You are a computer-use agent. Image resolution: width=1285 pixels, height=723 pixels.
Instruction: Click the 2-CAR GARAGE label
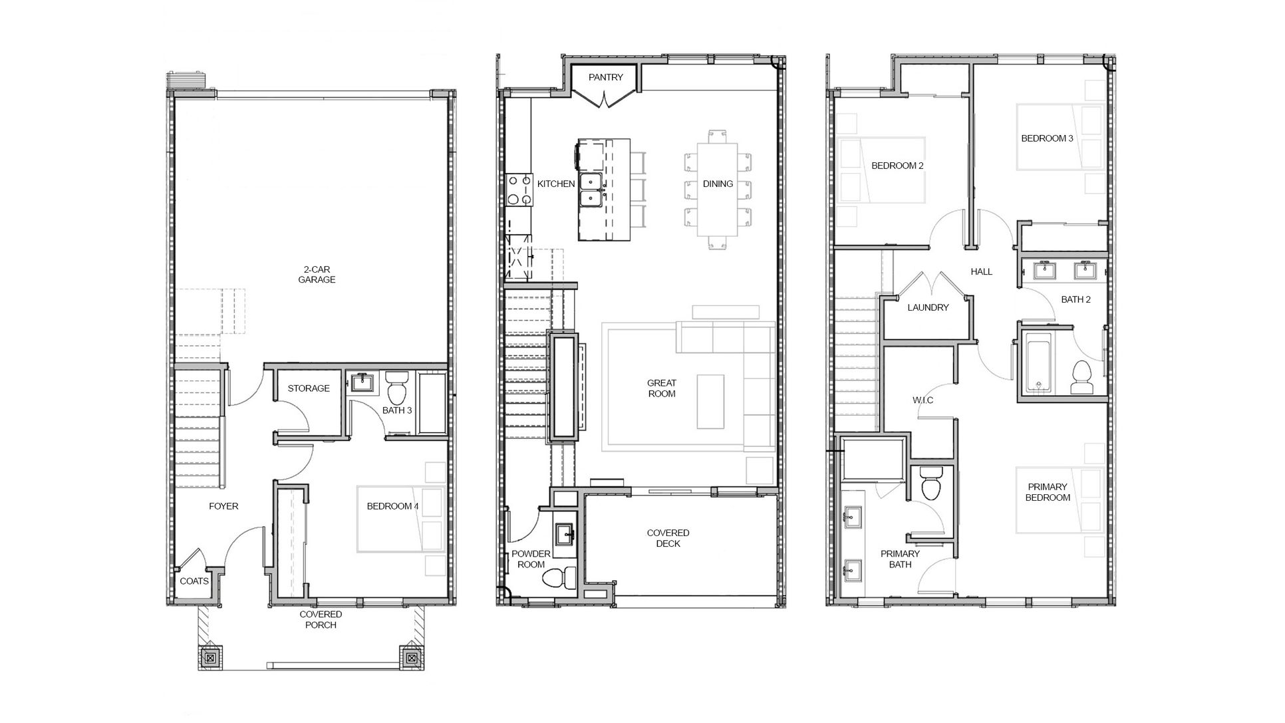click(x=317, y=275)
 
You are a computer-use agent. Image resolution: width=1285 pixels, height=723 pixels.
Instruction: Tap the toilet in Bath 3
click(x=397, y=387)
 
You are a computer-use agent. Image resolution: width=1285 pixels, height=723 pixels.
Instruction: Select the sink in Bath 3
click(x=362, y=383)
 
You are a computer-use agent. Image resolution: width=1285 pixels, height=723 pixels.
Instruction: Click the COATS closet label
click(x=194, y=581)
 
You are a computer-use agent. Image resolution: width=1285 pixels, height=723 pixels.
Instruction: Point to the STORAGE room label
click(x=309, y=388)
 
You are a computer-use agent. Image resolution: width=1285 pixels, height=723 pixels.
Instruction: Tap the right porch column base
click(x=411, y=658)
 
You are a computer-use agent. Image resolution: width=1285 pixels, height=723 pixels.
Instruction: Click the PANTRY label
click(x=606, y=77)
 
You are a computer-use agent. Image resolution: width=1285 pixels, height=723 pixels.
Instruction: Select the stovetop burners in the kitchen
click(x=518, y=190)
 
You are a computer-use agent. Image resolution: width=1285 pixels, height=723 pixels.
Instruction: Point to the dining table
click(x=718, y=190)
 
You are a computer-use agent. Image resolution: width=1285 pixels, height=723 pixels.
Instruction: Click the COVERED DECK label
click(x=668, y=538)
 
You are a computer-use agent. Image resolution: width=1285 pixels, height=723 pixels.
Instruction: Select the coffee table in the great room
click(x=711, y=402)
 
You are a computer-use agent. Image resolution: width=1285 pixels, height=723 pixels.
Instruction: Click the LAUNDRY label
click(x=928, y=308)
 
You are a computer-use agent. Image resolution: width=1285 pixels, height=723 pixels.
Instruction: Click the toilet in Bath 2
click(x=1082, y=378)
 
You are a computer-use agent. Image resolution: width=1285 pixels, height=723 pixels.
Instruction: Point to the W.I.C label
click(x=923, y=400)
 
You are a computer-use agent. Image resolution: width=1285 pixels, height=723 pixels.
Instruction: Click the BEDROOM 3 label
click(x=1047, y=139)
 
